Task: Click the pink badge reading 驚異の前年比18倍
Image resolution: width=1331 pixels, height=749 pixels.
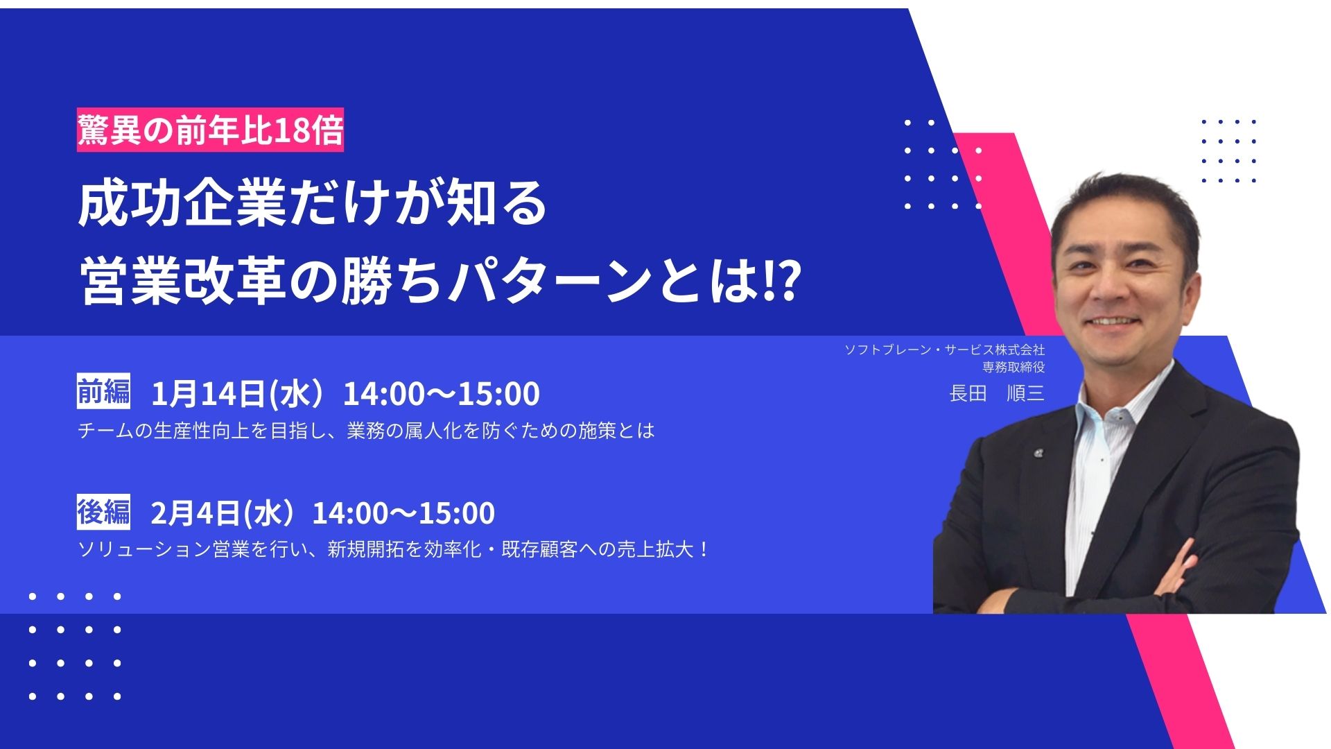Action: click(210, 130)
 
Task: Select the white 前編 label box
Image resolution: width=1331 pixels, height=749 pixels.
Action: click(103, 393)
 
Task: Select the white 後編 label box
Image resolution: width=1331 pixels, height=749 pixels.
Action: click(103, 513)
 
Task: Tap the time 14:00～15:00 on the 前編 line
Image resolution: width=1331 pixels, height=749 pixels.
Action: click(442, 394)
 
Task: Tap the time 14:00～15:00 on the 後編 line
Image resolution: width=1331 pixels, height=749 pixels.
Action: click(403, 514)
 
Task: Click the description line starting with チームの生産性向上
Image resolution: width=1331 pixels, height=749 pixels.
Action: click(366, 431)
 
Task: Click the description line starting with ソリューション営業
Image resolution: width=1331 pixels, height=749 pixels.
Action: click(394, 550)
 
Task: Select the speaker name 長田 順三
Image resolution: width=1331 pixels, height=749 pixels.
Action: click(997, 393)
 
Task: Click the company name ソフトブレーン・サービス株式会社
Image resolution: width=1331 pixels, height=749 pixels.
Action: click(944, 350)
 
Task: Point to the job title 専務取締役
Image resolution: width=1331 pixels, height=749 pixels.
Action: click(1013, 367)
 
